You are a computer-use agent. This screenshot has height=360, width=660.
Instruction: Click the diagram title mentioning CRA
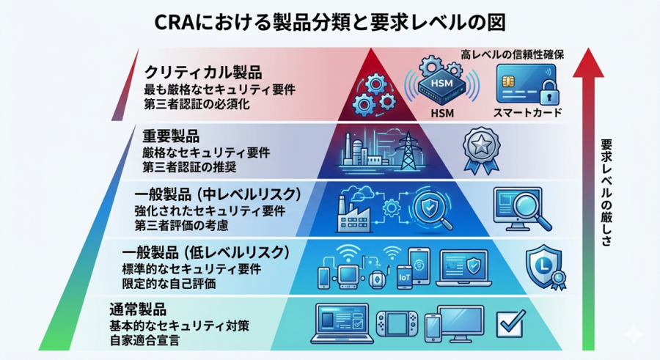tap(329, 20)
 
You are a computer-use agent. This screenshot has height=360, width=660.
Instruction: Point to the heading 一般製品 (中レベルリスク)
tap(219, 194)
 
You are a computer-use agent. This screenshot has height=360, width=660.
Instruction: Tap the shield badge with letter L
tap(544, 267)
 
